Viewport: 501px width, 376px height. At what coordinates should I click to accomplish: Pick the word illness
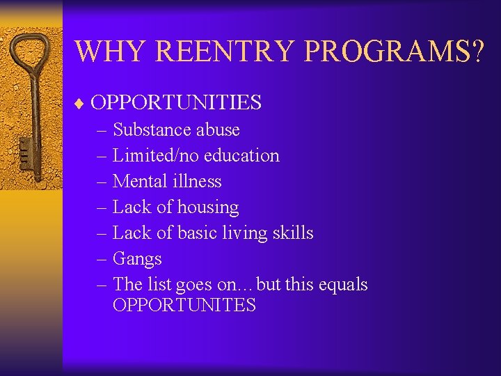point(198,181)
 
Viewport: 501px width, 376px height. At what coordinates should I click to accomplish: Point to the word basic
point(198,233)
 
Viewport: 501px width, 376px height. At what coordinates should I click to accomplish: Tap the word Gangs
point(137,259)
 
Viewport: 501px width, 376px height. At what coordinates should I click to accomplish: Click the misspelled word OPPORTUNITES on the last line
point(184,305)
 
